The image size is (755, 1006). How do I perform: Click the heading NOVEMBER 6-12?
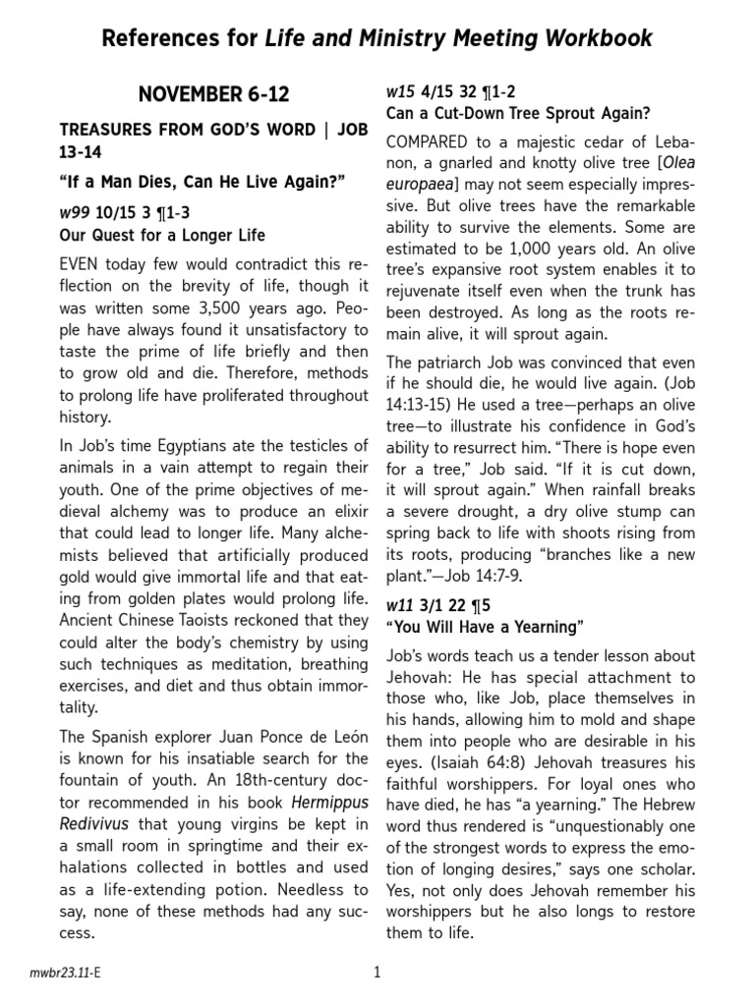click(x=214, y=94)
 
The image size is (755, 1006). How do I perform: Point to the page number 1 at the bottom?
click(x=377, y=973)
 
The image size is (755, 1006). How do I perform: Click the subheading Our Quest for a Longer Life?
click(x=162, y=236)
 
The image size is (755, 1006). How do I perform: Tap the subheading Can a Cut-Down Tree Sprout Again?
click(x=517, y=113)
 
